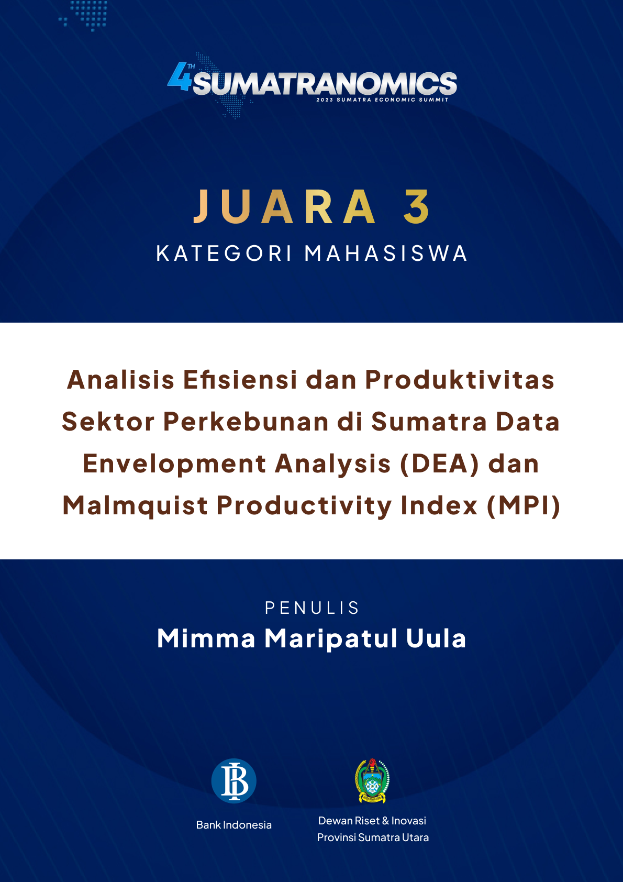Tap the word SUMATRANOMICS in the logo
(x=325, y=83)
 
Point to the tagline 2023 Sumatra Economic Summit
(x=383, y=100)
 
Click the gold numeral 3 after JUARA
(x=417, y=206)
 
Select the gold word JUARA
(x=285, y=206)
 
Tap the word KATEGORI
(x=224, y=253)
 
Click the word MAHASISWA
(x=386, y=253)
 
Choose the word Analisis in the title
(x=120, y=380)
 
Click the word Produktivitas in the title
(x=460, y=380)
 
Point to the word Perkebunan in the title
(x=246, y=422)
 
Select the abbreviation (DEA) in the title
(x=439, y=464)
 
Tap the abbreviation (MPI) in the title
(x=524, y=506)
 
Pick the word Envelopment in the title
(x=174, y=464)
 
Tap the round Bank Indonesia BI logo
(x=234, y=781)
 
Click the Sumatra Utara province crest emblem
(x=372, y=780)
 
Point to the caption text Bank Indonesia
(x=234, y=825)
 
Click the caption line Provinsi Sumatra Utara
(x=373, y=837)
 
